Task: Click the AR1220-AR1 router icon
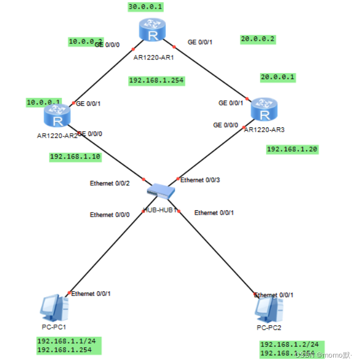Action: [x=153, y=34]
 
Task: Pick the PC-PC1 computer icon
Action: [x=55, y=307]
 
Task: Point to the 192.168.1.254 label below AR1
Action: [x=156, y=80]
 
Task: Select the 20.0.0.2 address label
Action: [x=258, y=39]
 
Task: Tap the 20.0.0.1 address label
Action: [x=277, y=77]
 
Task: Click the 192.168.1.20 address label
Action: [x=292, y=149]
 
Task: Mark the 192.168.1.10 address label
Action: [x=74, y=156]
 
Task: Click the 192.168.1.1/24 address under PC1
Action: [x=69, y=341]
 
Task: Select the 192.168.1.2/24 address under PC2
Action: [x=292, y=345]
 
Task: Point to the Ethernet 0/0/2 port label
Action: [x=109, y=184]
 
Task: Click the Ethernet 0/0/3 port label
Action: [x=200, y=180]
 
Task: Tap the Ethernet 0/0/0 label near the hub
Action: [x=109, y=215]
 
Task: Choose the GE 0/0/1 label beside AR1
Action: [x=200, y=42]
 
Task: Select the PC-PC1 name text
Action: [x=54, y=326]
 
